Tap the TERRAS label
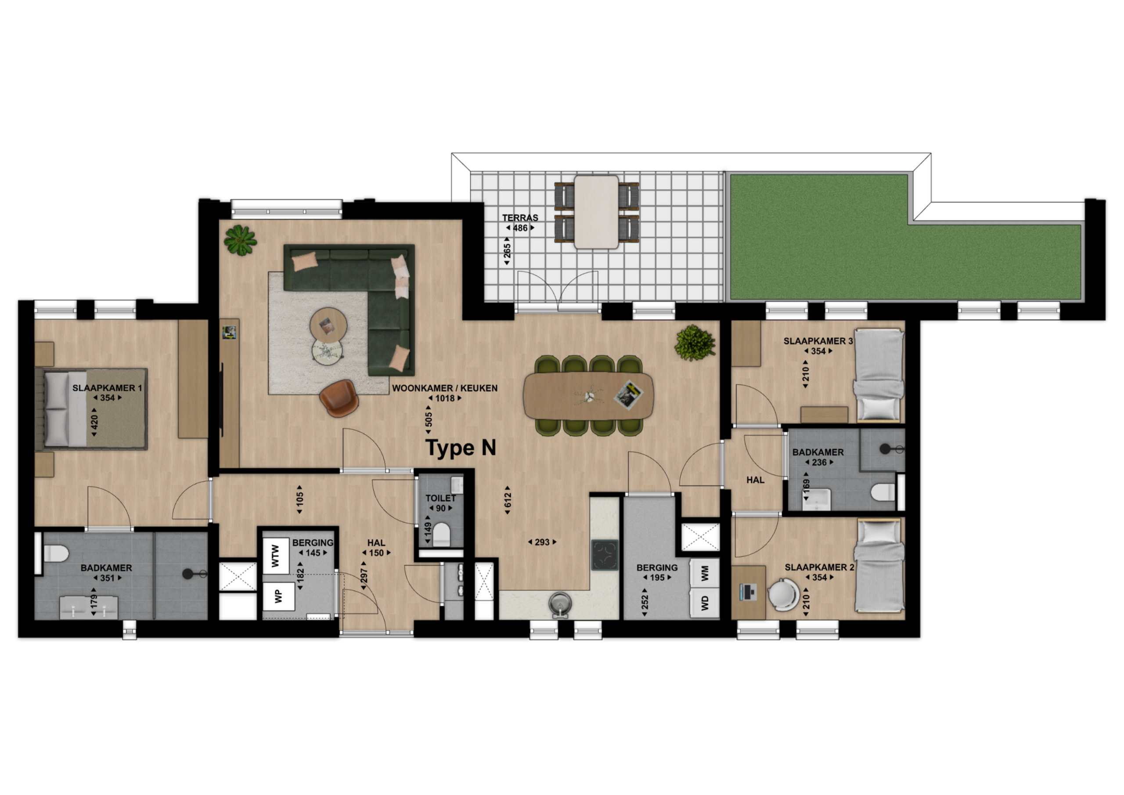[x=520, y=218]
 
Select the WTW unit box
[x=276, y=556]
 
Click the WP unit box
[x=278, y=596]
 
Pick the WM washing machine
[x=704, y=574]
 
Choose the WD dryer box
[x=704, y=603]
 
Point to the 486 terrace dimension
[x=520, y=228]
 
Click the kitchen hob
[x=605, y=555]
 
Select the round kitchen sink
[x=559, y=603]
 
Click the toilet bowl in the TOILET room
[x=442, y=535]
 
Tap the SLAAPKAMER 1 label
[x=107, y=388]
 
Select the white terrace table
[x=596, y=212]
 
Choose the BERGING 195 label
[x=657, y=573]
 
